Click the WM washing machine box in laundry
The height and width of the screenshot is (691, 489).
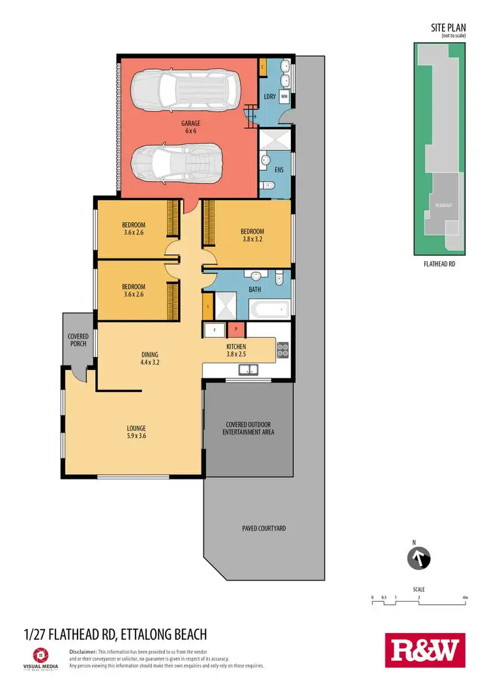point(284,96)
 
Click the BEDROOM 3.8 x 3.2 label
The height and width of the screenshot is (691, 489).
point(252,234)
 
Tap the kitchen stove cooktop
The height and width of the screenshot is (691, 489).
point(282,350)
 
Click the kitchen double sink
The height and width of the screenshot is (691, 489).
point(248,370)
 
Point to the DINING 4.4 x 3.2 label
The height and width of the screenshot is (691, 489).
point(150,359)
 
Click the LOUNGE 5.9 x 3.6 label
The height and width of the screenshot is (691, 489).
point(136,432)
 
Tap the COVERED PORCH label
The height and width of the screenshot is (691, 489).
point(78,340)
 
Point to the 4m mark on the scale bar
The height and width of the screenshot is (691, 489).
point(464,597)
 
